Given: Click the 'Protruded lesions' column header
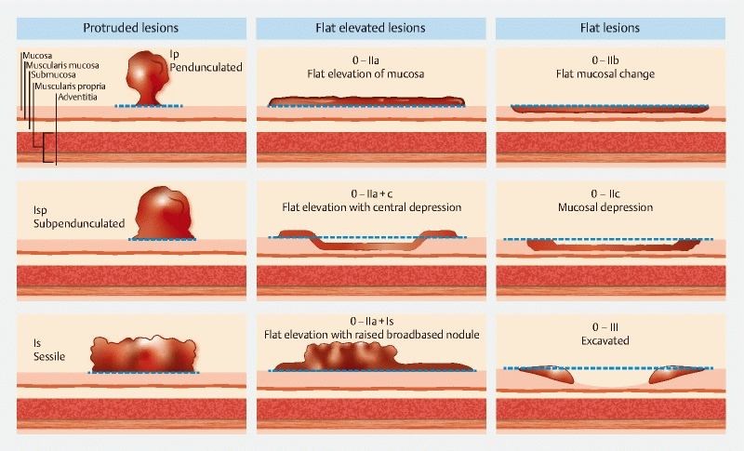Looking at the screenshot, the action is coord(131,28).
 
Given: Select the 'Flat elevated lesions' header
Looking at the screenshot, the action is coord(370,28).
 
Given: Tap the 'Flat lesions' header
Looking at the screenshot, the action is coord(610,28).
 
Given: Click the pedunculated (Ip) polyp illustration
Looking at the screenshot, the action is coord(148,78).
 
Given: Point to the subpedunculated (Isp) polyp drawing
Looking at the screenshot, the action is coord(164,213).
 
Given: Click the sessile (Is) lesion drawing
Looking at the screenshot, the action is coord(143,354).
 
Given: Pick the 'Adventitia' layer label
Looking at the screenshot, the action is coord(78,98).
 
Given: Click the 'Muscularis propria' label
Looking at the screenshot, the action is coord(71,86).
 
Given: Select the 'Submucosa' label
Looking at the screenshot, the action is coord(54,75).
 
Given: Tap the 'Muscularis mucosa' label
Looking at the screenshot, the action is coord(62,65).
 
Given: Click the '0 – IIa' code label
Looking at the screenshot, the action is coord(365,60).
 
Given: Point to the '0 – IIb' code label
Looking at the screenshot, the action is coord(605,60).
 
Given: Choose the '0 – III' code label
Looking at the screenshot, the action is coord(605,327).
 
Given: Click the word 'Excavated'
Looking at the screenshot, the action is coord(605,340).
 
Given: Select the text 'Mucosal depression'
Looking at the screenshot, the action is coord(605,207).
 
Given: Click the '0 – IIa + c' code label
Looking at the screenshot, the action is coord(371,194).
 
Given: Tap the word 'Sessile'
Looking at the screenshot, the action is coord(49,357).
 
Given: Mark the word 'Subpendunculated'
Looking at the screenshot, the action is coord(79,223).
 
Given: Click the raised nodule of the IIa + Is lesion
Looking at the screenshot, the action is coord(352,354).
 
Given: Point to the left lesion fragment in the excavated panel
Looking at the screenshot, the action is coord(548,374).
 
